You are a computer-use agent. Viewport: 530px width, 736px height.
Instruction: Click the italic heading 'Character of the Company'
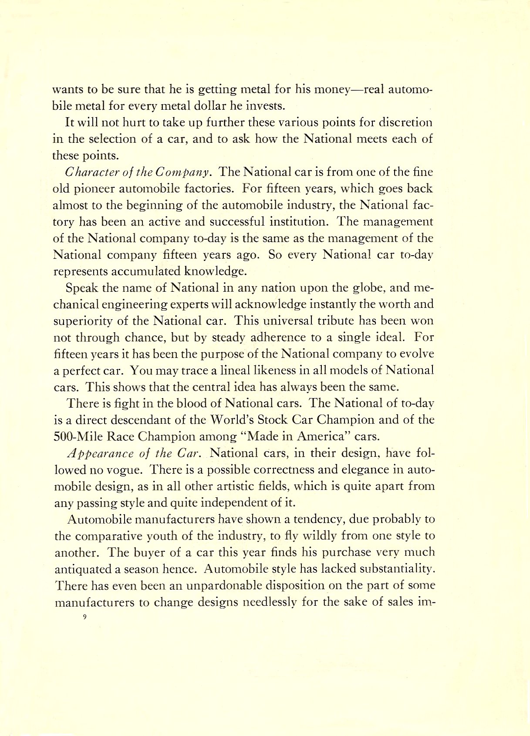coord(138,172)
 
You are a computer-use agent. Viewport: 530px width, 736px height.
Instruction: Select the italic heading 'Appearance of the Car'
coord(133,453)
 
